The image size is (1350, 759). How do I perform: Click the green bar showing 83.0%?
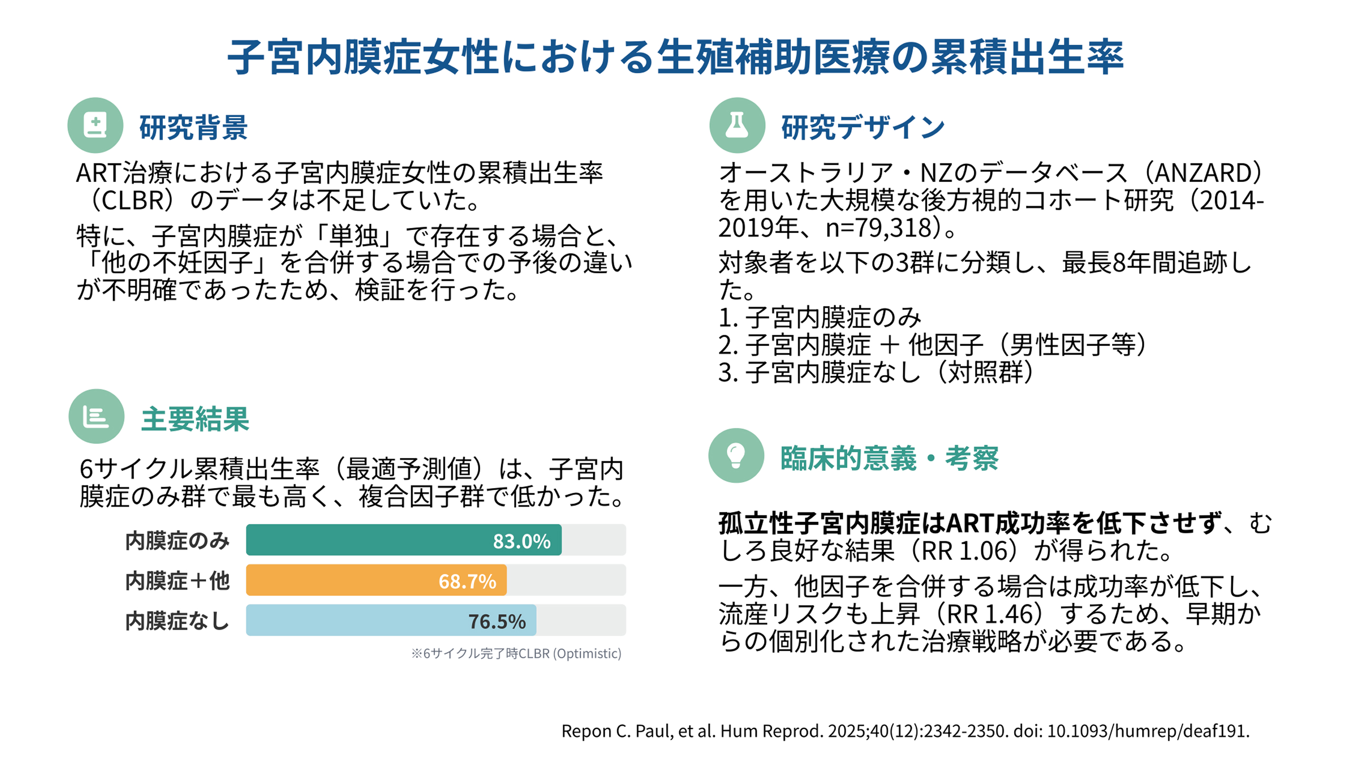click(x=403, y=540)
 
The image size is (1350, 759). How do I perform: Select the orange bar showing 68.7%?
click(x=376, y=580)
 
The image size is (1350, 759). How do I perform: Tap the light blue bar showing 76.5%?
click(x=391, y=620)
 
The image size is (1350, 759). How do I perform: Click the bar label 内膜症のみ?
click(x=177, y=541)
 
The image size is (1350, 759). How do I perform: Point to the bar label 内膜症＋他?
click(x=177, y=581)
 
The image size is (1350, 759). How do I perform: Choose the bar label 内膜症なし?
click(x=177, y=621)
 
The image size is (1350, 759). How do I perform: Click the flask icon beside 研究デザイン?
click(x=737, y=125)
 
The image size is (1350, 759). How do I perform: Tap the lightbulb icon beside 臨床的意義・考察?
click(x=736, y=455)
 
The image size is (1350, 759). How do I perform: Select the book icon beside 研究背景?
click(x=95, y=125)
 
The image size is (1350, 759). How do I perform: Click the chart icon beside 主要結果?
click(x=96, y=416)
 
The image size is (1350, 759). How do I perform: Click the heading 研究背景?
click(x=194, y=128)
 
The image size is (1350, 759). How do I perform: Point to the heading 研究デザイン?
click(x=863, y=128)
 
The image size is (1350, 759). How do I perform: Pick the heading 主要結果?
click(x=195, y=419)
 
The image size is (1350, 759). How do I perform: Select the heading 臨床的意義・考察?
click(x=889, y=458)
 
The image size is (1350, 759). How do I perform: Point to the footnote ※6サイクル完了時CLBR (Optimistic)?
click(x=516, y=654)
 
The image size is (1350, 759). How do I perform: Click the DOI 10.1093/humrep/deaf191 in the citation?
click(x=1147, y=731)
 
